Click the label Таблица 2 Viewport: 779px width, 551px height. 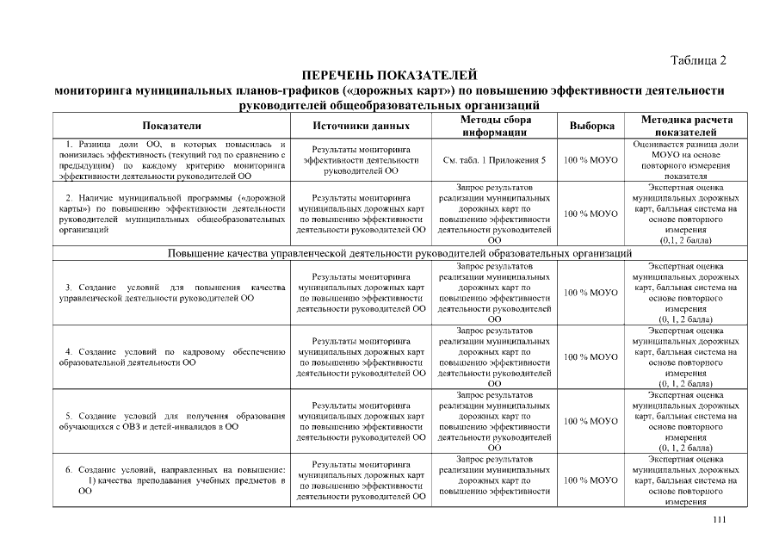pyautogui.click(x=698, y=60)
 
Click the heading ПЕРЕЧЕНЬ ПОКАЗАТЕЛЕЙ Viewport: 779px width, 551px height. pyautogui.click(x=389, y=76)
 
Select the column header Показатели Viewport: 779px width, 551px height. pyautogui.click(x=171, y=126)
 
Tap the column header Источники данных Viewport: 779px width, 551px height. pyautogui.click(x=361, y=126)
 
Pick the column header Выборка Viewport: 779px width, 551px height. pyautogui.click(x=591, y=126)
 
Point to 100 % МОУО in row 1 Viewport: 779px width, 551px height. pyautogui.click(x=591, y=160)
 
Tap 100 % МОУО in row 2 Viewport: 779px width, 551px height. pyautogui.click(x=591, y=214)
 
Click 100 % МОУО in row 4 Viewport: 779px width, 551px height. pyautogui.click(x=591, y=356)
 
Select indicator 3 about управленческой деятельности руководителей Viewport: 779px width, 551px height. pyautogui.click(x=171, y=292)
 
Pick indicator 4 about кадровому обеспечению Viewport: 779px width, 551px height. pyautogui.click(x=171, y=356)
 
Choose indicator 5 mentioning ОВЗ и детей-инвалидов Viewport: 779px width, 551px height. pyautogui.click(x=171, y=421)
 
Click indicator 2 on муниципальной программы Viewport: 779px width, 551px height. pyautogui.click(x=171, y=214)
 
